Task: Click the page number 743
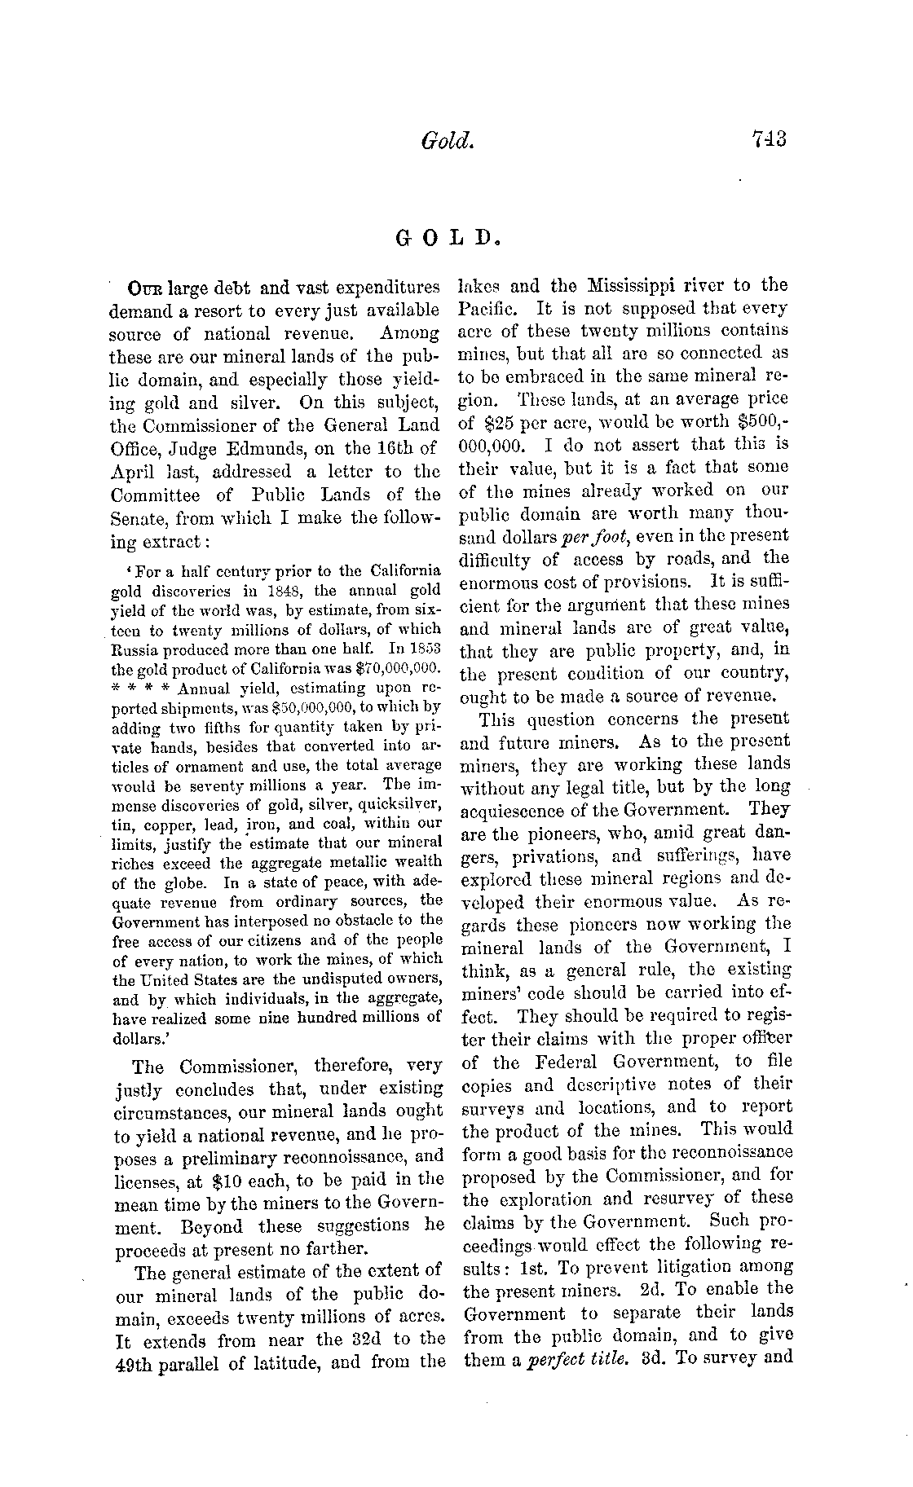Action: click(768, 140)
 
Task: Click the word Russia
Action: click(134, 649)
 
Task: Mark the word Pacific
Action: click(486, 309)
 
